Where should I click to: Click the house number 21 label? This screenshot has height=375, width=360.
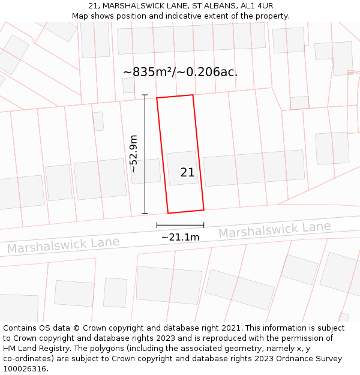point(187,172)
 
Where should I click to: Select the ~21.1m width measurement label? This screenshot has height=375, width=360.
point(180,237)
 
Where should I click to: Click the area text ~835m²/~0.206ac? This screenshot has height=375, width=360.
point(180,72)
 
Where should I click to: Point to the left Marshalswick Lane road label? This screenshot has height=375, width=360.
point(63,245)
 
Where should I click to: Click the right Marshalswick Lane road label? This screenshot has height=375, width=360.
point(274,229)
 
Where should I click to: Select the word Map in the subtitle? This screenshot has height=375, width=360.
point(80,16)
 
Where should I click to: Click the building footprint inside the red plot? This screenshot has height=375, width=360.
point(182,168)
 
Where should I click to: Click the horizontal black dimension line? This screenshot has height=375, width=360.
point(180,226)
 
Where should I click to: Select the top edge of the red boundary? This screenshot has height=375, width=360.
point(175,97)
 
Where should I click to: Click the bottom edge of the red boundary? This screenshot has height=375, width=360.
point(185,211)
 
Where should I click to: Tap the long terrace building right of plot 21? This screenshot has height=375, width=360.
point(254,167)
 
